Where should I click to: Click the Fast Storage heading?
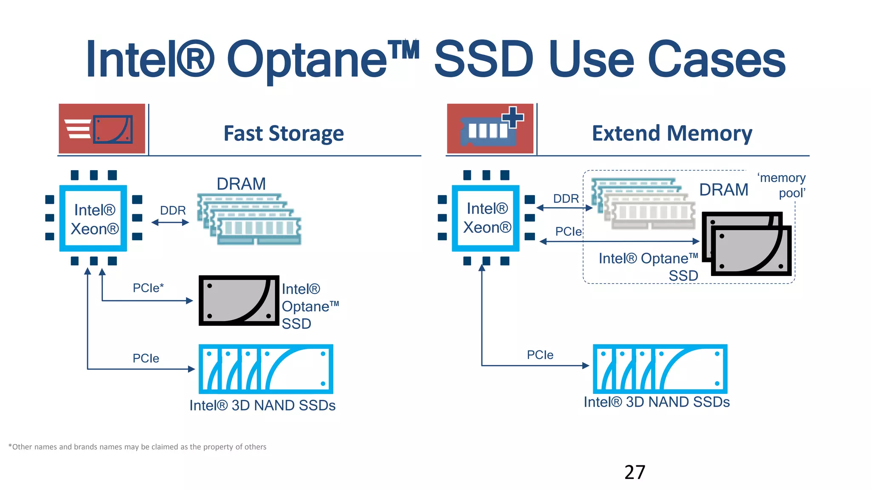click(284, 134)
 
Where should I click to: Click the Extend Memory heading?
click(672, 134)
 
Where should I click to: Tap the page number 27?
click(635, 472)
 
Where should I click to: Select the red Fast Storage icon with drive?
click(102, 128)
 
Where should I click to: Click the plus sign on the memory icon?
click(513, 117)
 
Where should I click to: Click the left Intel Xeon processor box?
click(94, 219)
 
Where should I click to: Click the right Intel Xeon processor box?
click(486, 218)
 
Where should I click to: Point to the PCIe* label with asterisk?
click(148, 288)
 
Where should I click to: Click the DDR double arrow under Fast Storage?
click(170, 222)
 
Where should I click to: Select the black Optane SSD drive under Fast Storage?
click(239, 301)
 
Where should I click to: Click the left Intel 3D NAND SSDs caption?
click(262, 405)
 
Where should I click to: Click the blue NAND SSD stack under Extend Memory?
click(660, 369)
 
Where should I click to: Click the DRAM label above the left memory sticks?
click(241, 184)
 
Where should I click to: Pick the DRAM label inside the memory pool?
click(724, 190)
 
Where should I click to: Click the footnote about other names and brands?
click(137, 447)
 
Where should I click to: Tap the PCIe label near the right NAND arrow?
click(540, 355)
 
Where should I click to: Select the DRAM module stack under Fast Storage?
click(249, 219)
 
